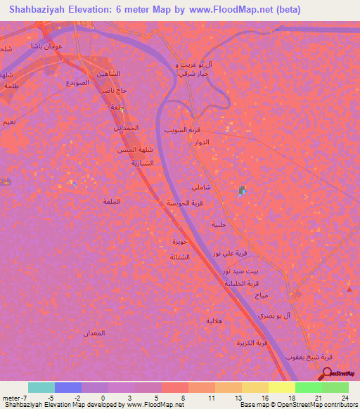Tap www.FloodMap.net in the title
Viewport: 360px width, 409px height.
pyautogui.click(x=224, y=9)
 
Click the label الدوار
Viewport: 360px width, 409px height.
pyautogui.click(x=202, y=142)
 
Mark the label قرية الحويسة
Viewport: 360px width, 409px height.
pyautogui.click(x=185, y=203)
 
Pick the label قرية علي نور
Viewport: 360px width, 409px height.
pyautogui.click(x=231, y=252)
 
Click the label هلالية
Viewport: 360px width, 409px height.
pyautogui.click(x=214, y=320)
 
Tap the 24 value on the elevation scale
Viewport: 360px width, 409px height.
pyautogui.click(x=344, y=398)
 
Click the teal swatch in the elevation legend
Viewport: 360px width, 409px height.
pyautogui.click(x=41, y=387)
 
